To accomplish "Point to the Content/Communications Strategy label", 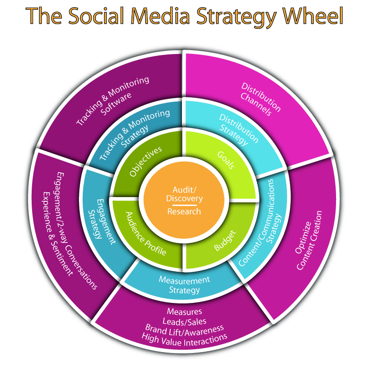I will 262,227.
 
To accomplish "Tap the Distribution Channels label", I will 259,99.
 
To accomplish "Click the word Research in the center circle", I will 184,211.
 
